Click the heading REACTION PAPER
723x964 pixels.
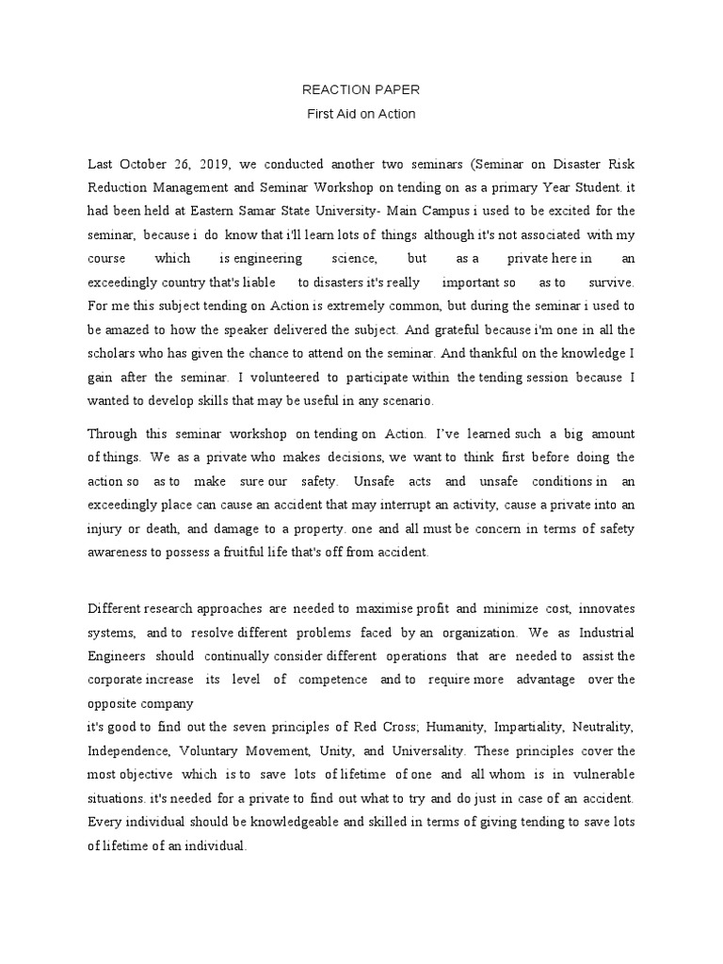pos(361,90)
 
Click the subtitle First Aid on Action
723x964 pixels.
pos(361,114)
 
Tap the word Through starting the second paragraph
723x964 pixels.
pos(113,433)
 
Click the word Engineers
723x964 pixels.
pos(117,655)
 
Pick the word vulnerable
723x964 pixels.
pos(599,774)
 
